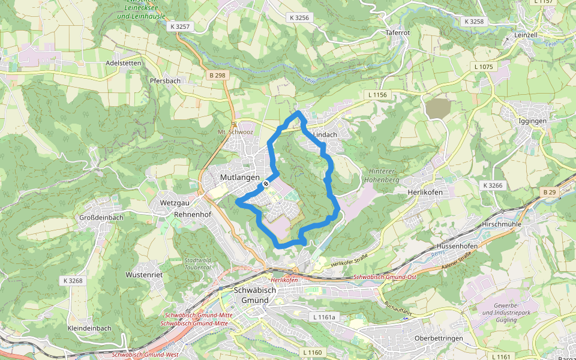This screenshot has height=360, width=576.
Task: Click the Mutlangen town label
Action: (239, 178)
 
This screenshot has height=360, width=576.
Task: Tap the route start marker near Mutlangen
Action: (266, 184)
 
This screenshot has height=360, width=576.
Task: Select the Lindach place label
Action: (325, 135)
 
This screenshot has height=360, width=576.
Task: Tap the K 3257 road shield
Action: (180, 26)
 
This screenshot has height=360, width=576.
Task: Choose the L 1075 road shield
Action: (483, 67)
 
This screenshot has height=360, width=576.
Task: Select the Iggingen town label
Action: (532, 121)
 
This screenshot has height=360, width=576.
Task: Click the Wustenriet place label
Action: (144, 274)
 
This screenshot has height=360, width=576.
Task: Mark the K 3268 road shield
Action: (73, 280)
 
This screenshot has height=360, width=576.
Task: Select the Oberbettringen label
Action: (439, 338)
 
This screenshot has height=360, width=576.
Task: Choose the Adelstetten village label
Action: (123, 62)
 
